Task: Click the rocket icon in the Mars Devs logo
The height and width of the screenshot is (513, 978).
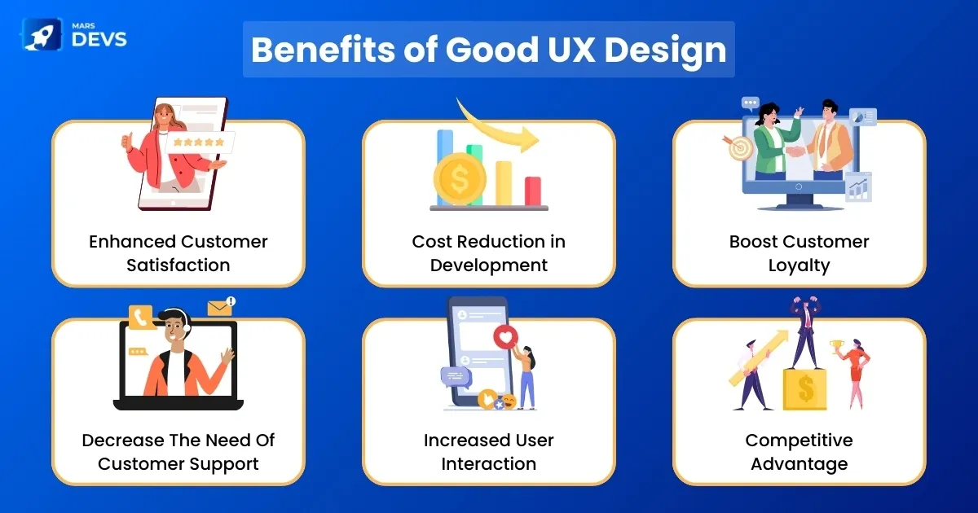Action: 42,34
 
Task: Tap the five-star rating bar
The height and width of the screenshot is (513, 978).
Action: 199,142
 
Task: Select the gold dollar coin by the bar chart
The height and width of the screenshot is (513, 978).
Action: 460,179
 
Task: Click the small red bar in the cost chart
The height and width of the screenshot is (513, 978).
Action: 533,191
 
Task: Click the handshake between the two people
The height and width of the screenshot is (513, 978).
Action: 796,151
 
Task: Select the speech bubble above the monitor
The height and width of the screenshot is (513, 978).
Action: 751,104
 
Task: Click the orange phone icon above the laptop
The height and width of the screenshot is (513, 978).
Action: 140,317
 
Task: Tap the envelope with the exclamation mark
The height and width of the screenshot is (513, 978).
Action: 222,307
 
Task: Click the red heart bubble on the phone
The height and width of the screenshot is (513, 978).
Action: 505,337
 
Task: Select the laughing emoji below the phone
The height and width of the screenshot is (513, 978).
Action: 509,401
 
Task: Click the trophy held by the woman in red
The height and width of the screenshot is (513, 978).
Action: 837,347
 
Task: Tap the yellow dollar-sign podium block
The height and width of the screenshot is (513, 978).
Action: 804,389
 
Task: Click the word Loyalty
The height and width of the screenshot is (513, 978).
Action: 799,265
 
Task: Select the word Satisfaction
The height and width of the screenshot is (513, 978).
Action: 178,265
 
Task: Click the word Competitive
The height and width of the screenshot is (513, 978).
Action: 799,441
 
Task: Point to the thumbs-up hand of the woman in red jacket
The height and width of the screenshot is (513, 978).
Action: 127,142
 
